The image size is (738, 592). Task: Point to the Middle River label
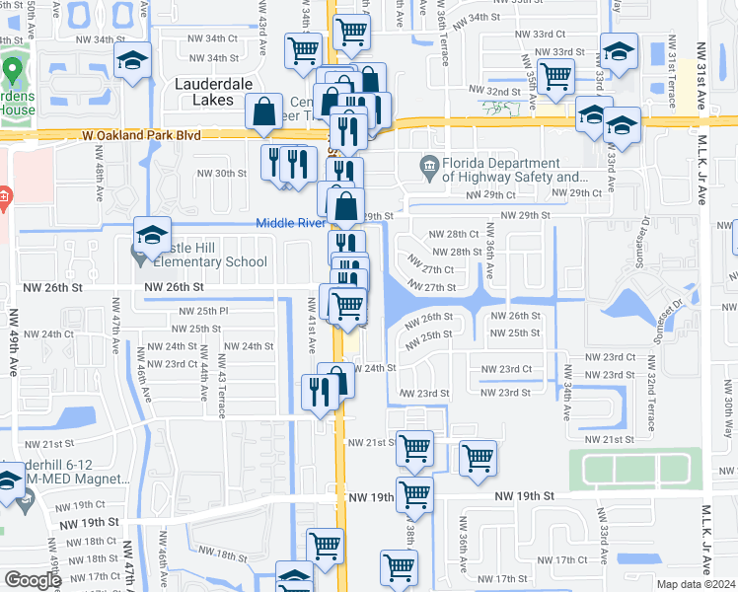pyautogui.click(x=291, y=223)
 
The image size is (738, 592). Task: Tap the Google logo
pyautogui.click(x=33, y=580)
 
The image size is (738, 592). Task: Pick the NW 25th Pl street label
pyautogui.click(x=205, y=311)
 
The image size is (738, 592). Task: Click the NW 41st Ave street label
pyautogui.click(x=311, y=331)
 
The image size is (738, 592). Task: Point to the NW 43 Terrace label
pyautogui.click(x=221, y=375)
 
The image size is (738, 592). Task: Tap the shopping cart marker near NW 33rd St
pyautogui.click(x=556, y=74)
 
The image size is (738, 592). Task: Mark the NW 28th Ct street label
pyautogui.click(x=454, y=235)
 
